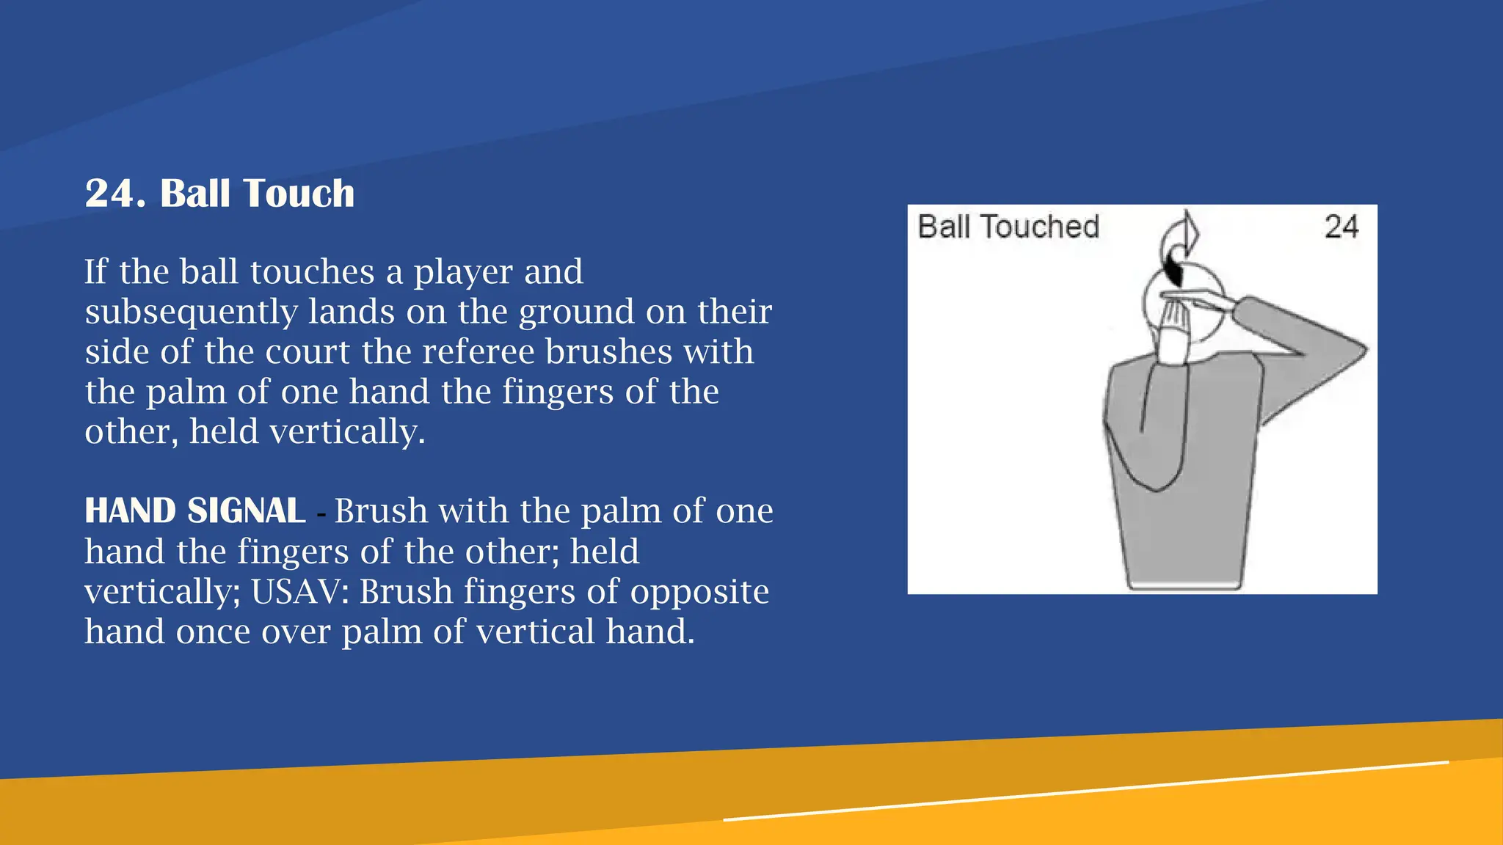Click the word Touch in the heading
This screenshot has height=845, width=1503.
(x=299, y=194)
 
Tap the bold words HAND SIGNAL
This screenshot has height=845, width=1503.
(x=194, y=511)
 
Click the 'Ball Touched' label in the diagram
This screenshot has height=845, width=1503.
(x=1008, y=227)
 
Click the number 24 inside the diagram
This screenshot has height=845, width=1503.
(x=1341, y=227)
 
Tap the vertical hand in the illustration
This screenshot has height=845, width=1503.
(x=1173, y=330)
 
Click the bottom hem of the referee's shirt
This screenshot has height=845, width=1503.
(x=1183, y=585)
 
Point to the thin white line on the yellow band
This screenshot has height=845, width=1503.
(x=1086, y=791)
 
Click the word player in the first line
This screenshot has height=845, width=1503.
(x=461, y=272)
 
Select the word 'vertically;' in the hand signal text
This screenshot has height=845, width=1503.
(x=162, y=591)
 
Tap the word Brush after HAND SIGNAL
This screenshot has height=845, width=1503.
(x=381, y=511)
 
